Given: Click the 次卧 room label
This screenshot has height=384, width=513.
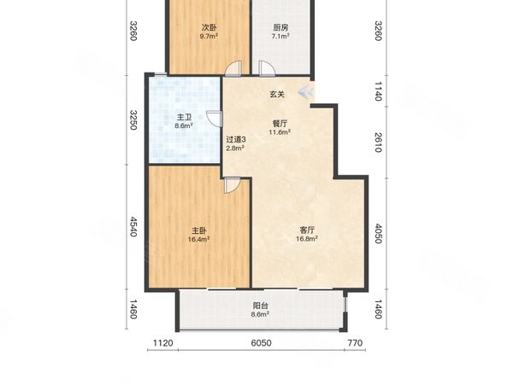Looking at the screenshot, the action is [x=209, y=27].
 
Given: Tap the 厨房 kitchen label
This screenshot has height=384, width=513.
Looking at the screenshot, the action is [x=280, y=27].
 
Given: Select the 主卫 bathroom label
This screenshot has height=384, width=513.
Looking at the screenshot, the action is [x=184, y=117].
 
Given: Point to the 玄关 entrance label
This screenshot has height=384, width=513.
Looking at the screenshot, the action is [x=277, y=95].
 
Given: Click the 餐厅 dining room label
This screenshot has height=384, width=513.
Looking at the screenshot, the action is [x=280, y=124].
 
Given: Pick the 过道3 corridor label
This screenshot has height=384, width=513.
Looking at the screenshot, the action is [x=236, y=139].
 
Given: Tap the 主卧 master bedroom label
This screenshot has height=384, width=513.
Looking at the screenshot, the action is [x=199, y=230].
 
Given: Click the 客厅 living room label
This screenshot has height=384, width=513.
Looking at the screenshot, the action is [x=307, y=230].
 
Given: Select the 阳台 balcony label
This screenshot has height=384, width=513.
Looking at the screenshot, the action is [x=261, y=306].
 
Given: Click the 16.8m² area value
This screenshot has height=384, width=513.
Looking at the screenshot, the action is [x=307, y=239].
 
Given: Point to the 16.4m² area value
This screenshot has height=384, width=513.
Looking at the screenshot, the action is [x=199, y=239].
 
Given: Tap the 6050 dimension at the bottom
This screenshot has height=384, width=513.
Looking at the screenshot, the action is [x=261, y=343].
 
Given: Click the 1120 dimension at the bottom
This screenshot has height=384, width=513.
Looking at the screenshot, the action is [x=163, y=343].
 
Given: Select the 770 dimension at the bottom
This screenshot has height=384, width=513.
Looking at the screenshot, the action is [x=355, y=343].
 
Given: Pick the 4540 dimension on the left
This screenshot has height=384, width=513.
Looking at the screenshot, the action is [x=133, y=227].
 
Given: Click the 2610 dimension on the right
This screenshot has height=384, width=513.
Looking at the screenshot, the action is [x=378, y=143].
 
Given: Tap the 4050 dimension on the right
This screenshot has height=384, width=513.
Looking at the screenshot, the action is [x=378, y=234].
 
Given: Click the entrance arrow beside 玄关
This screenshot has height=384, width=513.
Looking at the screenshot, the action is [x=306, y=92].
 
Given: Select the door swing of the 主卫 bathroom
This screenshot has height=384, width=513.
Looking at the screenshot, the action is [x=214, y=119].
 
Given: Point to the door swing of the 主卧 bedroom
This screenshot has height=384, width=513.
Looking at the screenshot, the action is [x=232, y=185].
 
